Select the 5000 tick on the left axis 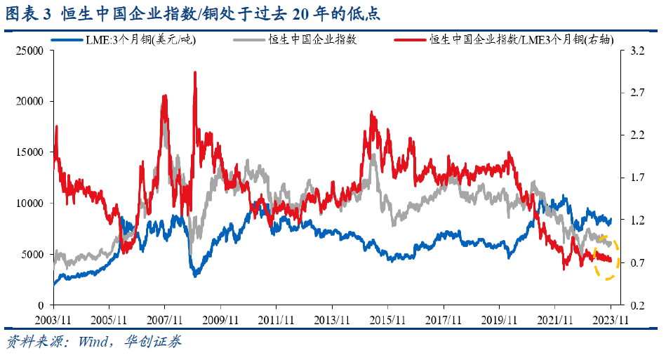point(34,254)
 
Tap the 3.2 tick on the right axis point(627,51)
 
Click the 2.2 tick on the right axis point(627,135)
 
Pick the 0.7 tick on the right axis point(627,262)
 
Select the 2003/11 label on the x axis point(53,319)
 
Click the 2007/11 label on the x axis point(165,319)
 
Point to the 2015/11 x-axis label point(388,319)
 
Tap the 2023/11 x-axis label point(611,319)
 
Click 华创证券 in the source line point(152,342)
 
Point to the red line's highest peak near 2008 point(194,73)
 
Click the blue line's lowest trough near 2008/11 point(195,275)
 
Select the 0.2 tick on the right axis point(627,305)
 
